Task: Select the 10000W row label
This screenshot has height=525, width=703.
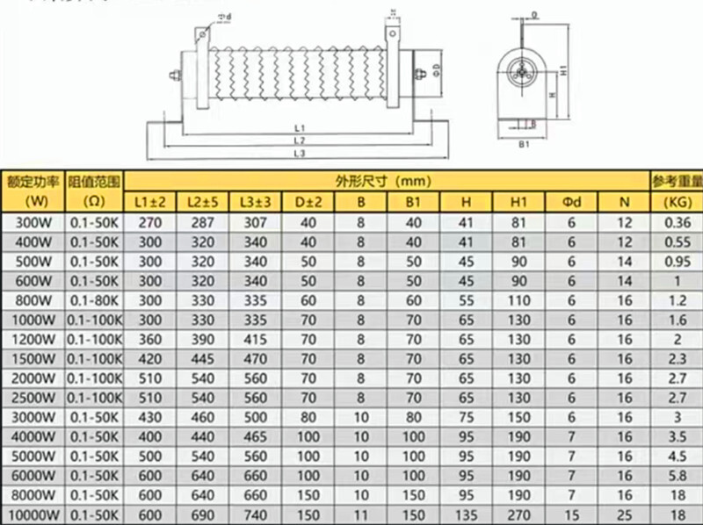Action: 33,514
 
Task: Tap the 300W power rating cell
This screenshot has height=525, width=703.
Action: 33,223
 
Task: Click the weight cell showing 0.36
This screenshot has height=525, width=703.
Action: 677,223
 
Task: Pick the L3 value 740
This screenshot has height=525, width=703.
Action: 254,514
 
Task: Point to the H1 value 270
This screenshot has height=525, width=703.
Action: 518,514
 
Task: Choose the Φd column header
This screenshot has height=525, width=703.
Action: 571,203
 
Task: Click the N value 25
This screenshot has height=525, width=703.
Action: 625,514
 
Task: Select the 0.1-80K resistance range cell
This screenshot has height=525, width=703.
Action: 93,300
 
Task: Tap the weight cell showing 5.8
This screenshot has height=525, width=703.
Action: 677,475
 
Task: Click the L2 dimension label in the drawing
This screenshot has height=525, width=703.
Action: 299,141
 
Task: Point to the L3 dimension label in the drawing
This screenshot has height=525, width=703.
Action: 299,155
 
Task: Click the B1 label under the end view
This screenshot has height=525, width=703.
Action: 522,142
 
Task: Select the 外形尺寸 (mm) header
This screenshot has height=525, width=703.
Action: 385,182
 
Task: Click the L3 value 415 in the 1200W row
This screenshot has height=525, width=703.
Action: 254,339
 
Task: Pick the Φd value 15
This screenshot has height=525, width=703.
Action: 571,514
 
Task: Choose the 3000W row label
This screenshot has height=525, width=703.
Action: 33,416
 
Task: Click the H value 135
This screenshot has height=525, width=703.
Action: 466,514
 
